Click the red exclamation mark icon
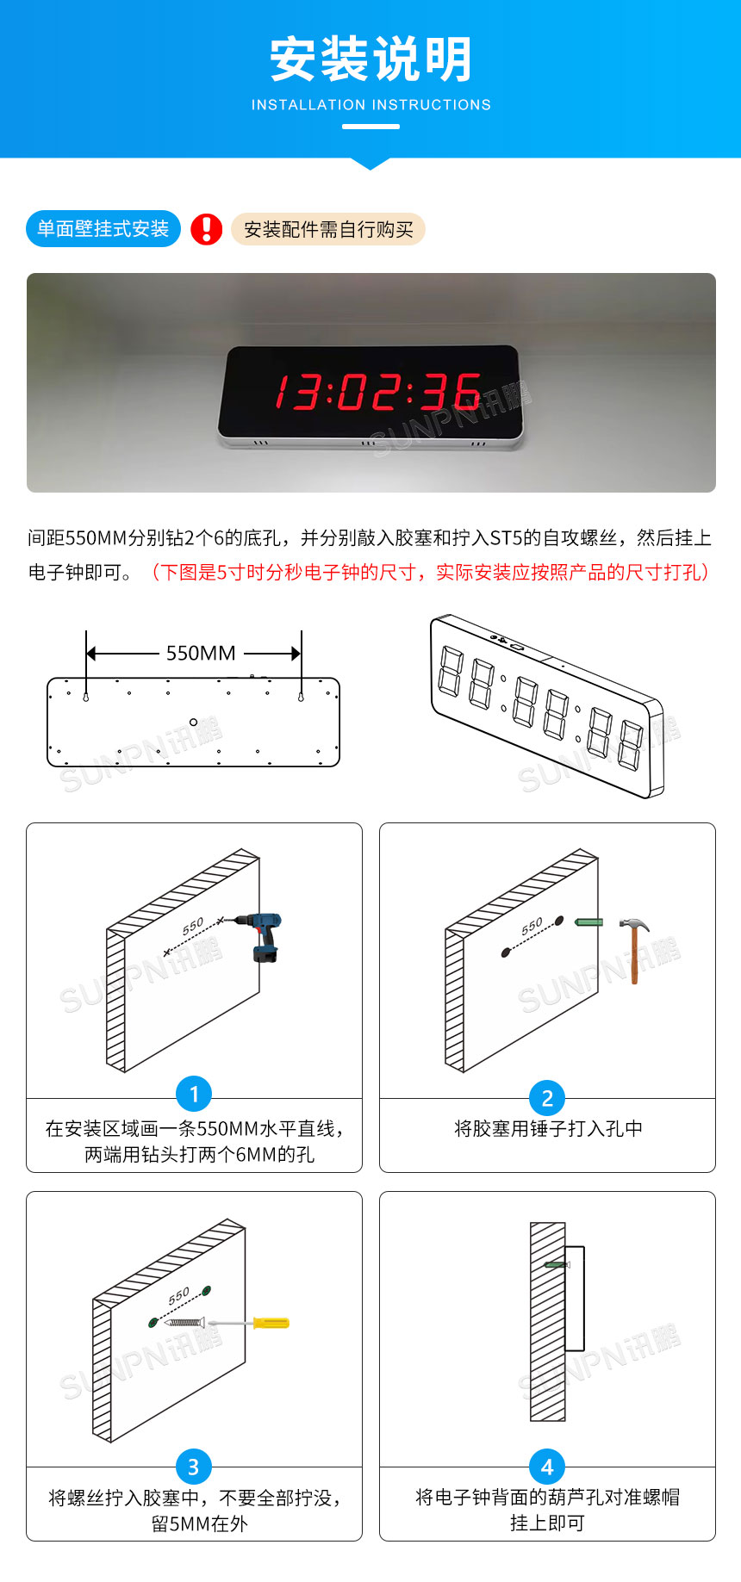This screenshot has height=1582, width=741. (x=207, y=229)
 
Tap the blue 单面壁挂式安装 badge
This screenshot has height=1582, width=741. (x=103, y=229)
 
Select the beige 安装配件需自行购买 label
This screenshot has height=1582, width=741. (x=328, y=229)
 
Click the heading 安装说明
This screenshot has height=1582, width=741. (x=370, y=59)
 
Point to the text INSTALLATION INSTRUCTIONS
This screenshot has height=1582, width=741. (x=370, y=105)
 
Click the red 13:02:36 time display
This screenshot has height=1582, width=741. (x=377, y=392)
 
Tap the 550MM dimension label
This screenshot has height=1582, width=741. (x=200, y=653)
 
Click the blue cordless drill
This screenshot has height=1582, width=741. (x=265, y=935)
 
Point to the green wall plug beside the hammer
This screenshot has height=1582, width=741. (x=588, y=922)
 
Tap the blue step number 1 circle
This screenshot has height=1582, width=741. (x=194, y=1094)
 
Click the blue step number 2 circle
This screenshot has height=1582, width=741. (x=547, y=1098)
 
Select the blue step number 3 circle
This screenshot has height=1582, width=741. (x=194, y=1467)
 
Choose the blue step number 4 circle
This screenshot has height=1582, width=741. (x=547, y=1467)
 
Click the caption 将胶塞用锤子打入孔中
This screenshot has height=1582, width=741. (x=548, y=1128)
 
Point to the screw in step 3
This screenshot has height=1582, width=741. (x=185, y=1322)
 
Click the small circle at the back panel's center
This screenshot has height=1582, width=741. (x=193, y=722)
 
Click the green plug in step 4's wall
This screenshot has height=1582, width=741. (x=557, y=1264)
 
